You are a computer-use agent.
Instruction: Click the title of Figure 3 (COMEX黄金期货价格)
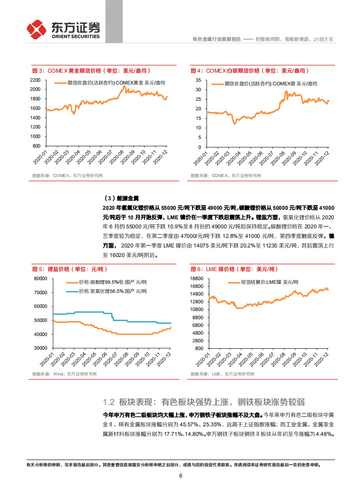[x=91, y=71]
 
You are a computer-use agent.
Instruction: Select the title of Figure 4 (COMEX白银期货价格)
[x=250, y=71]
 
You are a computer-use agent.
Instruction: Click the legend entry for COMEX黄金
[x=109, y=83]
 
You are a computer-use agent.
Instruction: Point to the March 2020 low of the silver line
[x=234, y=123]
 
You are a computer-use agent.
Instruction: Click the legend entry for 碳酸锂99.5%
[x=107, y=282]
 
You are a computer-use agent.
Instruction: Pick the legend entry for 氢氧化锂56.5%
[x=107, y=291]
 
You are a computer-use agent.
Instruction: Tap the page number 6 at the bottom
[x=180, y=476]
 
